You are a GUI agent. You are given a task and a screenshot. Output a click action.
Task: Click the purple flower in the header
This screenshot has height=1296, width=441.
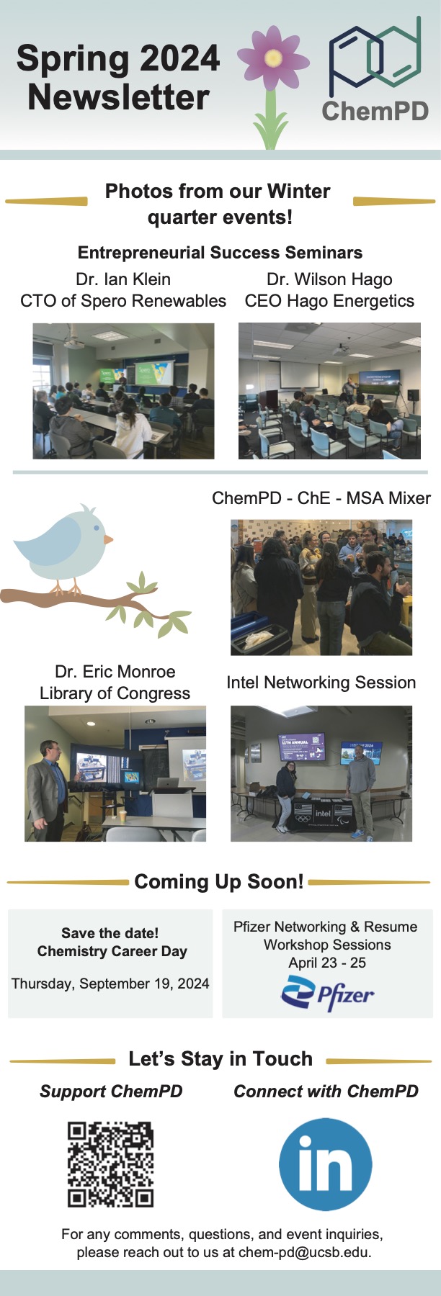pyautogui.click(x=272, y=58)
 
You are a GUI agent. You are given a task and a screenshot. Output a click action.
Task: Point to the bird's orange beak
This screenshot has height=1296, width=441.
pyautogui.click(x=108, y=539)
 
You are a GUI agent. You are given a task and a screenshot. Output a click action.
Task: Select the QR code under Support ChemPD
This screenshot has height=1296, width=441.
pyautogui.click(x=111, y=1164)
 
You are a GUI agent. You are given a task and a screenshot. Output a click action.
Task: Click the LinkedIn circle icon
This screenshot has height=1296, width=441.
pyautogui.click(x=326, y=1164)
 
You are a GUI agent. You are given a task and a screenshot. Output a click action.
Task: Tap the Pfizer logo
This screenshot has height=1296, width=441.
pyautogui.click(x=327, y=994)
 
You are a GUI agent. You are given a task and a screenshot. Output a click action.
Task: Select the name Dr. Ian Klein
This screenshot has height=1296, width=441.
pyautogui.click(x=123, y=279)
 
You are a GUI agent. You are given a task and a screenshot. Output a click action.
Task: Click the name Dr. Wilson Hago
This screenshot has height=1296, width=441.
pyautogui.click(x=329, y=279)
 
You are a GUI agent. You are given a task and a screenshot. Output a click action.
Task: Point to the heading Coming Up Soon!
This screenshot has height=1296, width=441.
pyautogui.click(x=219, y=882)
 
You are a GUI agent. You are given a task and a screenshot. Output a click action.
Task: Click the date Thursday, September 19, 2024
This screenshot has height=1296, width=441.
pyautogui.click(x=110, y=984)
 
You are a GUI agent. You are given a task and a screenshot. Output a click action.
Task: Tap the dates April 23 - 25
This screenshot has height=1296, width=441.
pyautogui.click(x=327, y=963)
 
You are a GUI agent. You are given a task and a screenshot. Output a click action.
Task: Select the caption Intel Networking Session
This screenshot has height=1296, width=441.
pyautogui.click(x=321, y=683)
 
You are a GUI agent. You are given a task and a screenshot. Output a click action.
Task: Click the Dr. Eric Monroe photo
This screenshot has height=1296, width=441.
pyautogui.click(x=115, y=773)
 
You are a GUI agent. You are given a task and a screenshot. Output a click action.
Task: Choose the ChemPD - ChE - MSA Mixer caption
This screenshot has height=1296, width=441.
pyautogui.click(x=321, y=498)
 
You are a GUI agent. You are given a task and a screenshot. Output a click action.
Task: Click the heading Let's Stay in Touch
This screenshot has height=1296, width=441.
pyautogui.click(x=220, y=1059)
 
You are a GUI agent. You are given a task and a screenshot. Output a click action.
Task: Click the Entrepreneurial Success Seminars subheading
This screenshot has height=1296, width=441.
pyautogui.click(x=220, y=253)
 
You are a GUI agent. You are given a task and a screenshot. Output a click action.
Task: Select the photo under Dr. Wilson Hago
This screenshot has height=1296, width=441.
pyautogui.click(x=329, y=391)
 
